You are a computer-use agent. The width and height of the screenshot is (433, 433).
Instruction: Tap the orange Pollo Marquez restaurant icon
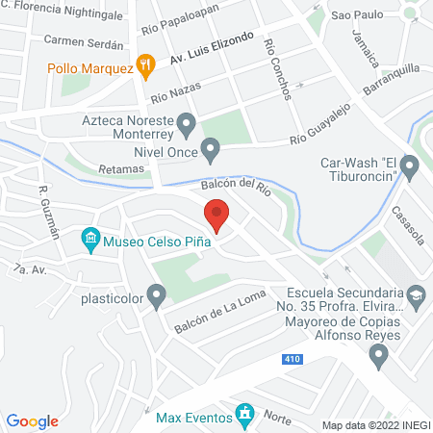[x=146, y=65]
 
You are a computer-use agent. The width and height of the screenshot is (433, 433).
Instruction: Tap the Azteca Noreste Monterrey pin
[x=187, y=124]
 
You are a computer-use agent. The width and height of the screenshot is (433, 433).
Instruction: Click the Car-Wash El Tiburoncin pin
[x=409, y=168]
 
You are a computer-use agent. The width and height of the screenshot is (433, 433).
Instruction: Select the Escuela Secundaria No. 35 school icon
[x=416, y=294]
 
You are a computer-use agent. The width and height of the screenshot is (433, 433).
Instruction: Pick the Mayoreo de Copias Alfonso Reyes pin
[x=378, y=356]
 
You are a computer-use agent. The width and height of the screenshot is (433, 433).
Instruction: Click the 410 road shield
[x=292, y=359]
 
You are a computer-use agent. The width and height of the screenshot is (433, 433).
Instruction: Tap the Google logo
[x=33, y=420]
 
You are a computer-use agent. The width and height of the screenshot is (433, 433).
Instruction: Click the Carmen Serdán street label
[x=85, y=44]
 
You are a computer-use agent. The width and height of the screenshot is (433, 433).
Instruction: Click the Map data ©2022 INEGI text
[x=375, y=424]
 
